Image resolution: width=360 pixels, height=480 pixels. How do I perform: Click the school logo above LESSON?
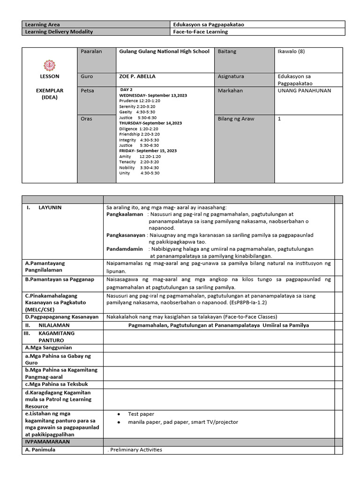49,65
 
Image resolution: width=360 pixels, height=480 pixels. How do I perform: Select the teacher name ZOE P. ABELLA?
137,76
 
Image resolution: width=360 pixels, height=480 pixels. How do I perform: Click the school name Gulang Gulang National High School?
164,52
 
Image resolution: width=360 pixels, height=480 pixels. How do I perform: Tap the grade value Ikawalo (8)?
291,52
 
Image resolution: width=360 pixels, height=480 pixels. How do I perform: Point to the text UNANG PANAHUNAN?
304,90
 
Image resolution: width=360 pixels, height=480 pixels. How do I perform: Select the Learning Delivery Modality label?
59,32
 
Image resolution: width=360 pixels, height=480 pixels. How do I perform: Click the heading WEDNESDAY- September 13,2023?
153,95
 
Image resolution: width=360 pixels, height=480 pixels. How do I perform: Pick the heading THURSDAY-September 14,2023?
150,123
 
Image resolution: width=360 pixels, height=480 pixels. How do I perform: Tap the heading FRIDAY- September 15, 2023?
148,151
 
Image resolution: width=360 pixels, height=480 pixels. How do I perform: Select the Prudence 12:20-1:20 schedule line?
140,101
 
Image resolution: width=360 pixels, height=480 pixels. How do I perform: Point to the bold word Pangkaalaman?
125,214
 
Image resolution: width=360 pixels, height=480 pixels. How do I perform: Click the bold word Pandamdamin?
124,249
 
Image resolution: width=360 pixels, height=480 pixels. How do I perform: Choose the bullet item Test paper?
141,414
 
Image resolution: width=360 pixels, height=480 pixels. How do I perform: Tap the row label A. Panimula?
40,450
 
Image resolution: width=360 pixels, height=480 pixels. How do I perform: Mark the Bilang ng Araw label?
236,119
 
